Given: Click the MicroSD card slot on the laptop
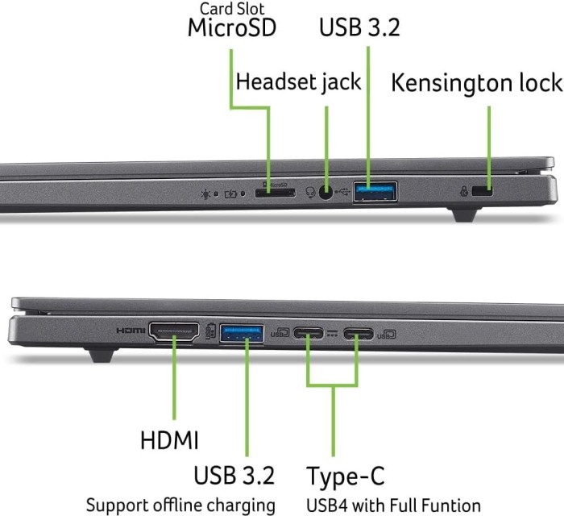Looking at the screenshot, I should click(274, 192).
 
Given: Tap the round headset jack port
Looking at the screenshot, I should click(326, 192).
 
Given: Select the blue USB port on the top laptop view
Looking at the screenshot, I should click(375, 192).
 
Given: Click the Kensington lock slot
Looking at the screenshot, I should click(483, 192).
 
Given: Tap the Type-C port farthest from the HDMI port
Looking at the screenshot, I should click(358, 331).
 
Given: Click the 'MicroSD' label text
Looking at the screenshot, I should click(231, 27).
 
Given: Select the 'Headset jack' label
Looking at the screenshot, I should click(298, 81).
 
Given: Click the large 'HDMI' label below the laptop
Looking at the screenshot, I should click(169, 440).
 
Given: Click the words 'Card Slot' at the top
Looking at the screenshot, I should click(231, 8).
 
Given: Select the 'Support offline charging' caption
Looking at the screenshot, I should click(180, 506).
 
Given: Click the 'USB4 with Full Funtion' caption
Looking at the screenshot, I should click(394, 506).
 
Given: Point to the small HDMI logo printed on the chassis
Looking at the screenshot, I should click(129, 331).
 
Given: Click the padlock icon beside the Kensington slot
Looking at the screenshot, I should click(464, 193).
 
